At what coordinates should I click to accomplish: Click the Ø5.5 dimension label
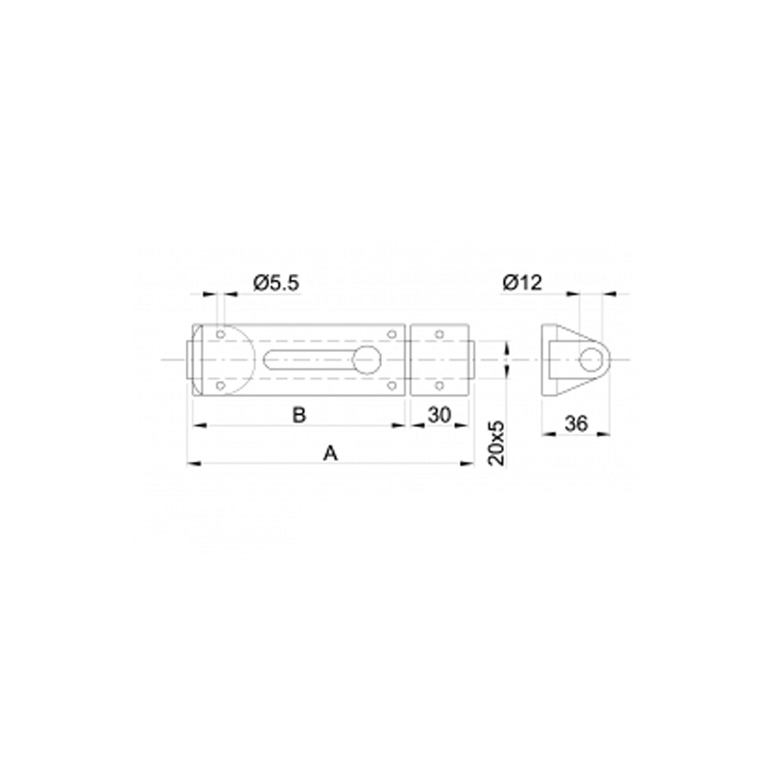tap(276, 283)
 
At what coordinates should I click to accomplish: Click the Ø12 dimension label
tap(522, 283)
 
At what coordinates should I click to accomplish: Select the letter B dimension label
tap(299, 415)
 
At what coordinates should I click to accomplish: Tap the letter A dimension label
tap(330, 453)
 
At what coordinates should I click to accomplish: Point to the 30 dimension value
tap(439, 415)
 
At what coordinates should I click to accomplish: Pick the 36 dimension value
tap(576, 424)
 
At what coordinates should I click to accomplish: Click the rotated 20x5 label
tap(497, 443)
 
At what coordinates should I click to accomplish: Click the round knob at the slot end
tap(367, 360)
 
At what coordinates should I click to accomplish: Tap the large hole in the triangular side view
tap(591, 360)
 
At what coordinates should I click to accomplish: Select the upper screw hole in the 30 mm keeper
tap(439, 334)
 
